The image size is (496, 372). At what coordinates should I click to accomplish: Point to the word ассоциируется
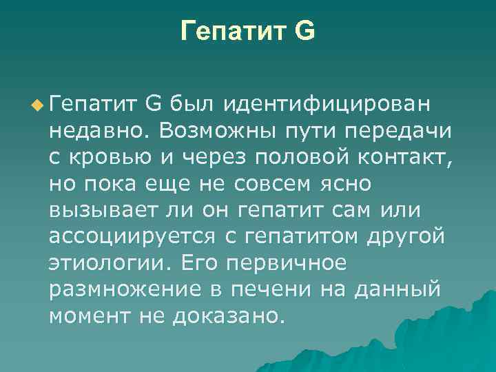(132, 237)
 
